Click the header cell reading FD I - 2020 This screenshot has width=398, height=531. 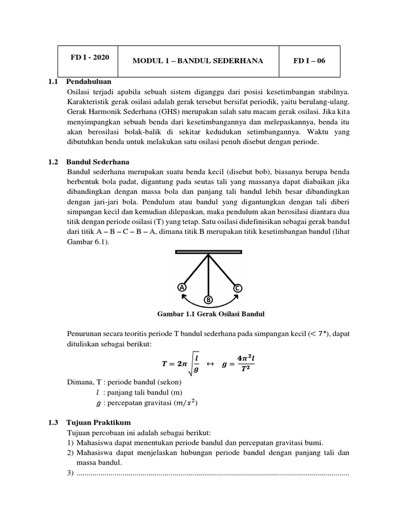pyautogui.click(x=90, y=58)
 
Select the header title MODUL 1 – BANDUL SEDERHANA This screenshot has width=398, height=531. pyautogui.click(x=198, y=61)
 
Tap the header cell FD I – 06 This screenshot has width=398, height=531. pyautogui.click(x=309, y=61)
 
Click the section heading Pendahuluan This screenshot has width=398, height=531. pyautogui.click(x=89, y=82)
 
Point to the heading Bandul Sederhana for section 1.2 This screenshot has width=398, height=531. pyautogui.click(x=98, y=161)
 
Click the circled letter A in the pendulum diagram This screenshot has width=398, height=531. pyautogui.click(x=181, y=287)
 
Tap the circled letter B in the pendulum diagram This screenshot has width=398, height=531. pyautogui.click(x=208, y=300)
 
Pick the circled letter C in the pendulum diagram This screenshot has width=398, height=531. pyautogui.click(x=237, y=288)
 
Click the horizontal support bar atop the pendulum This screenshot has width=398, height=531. pyautogui.click(x=209, y=253)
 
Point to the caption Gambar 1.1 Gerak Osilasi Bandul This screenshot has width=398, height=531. pyautogui.click(x=208, y=314)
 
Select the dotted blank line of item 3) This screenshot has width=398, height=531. pyautogui.click(x=212, y=473)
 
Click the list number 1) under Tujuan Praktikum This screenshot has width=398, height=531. pyautogui.click(x=70, y=442)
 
